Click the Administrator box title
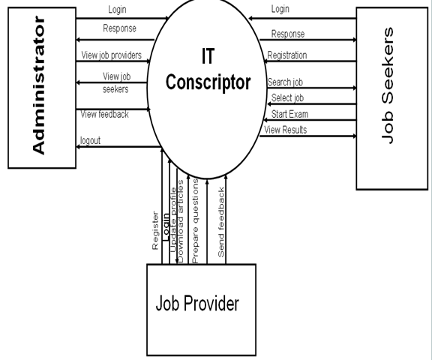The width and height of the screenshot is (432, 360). (38, 85)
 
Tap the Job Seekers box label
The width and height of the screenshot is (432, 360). (388, 85)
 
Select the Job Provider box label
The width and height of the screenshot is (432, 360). (197, 303)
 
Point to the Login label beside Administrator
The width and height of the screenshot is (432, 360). (117, 10)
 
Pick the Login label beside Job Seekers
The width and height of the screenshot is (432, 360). (280, 9)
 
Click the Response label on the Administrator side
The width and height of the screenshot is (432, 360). (119, 28)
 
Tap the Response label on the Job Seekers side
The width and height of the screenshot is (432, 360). (288, 34)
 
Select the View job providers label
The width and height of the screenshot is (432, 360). (111, 55)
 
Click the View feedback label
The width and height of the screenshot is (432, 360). (105, 114)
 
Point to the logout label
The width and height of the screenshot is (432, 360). (90, 140)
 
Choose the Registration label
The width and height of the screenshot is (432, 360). (287, 55)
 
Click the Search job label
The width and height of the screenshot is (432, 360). (285, 82)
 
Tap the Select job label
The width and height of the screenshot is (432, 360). (287, 97)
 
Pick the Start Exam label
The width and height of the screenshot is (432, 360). (289, 114)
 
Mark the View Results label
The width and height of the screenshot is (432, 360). (286, 130)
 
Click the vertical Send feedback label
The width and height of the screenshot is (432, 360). (221, 222)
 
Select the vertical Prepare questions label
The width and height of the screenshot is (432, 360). (195, 221)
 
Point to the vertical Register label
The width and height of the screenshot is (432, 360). (155, 231)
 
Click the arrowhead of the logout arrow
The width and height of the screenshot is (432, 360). (78, 147)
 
